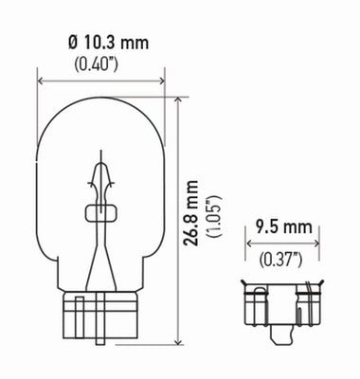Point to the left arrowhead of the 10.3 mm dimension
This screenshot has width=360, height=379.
(x=41, y=81)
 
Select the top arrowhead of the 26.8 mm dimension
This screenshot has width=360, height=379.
(x=178, y=99)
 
